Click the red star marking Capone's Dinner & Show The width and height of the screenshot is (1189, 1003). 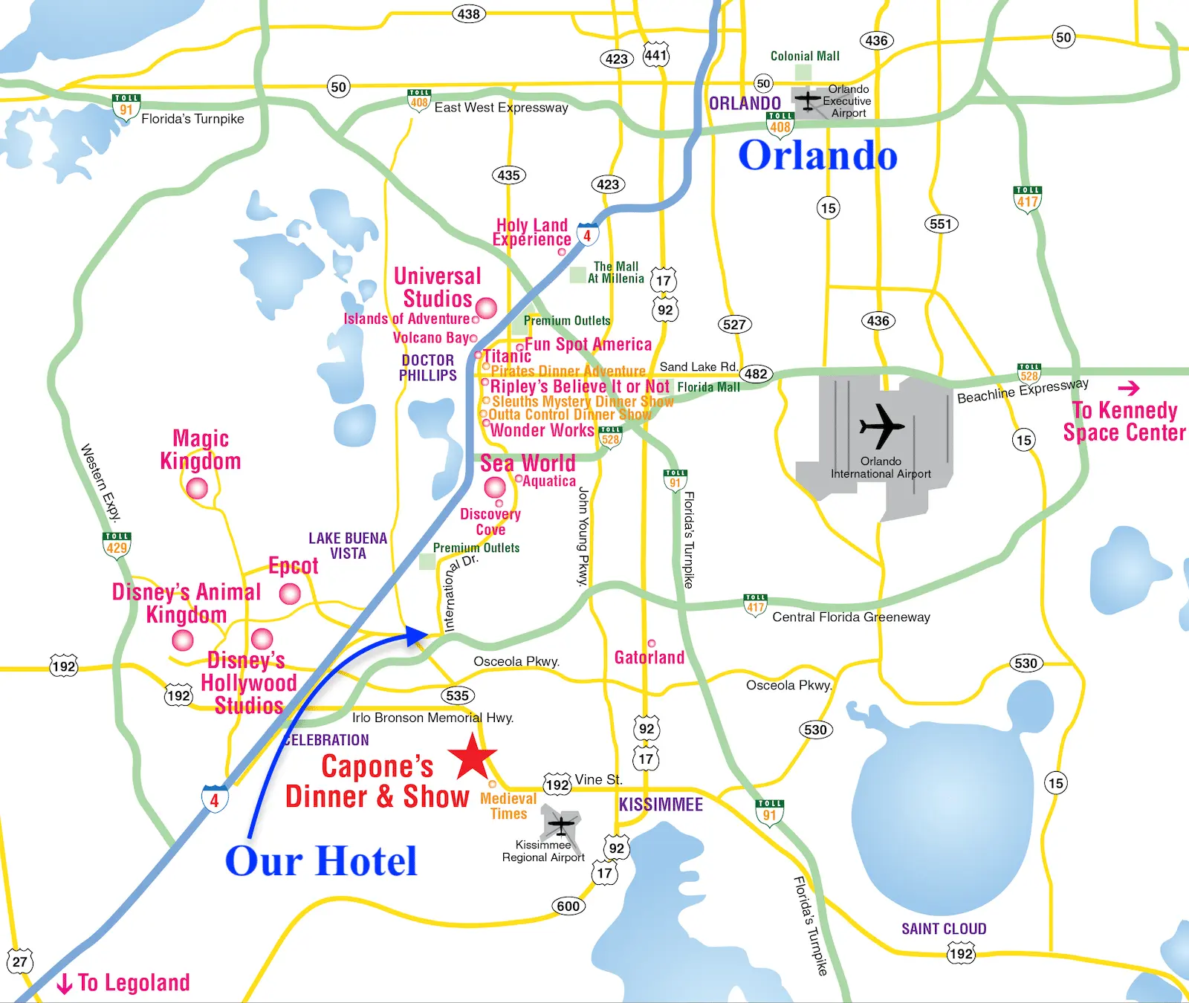[x=473, y=757]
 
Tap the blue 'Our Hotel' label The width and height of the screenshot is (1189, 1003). [x=321, y=861]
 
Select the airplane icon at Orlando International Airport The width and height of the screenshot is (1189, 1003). [x=881, y=427]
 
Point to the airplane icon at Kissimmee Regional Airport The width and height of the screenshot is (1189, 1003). [x=561, y=824]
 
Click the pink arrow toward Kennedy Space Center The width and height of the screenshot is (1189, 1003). [x=1129, y=388]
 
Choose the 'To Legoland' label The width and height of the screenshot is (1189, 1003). [x=124, y=983]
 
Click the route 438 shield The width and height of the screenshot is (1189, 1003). [x=468, y=14]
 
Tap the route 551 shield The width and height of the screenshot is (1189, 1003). [x=940, y=224]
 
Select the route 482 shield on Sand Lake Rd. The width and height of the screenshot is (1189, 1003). [x=756, y=374]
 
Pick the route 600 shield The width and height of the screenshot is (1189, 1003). [x=568, y=906]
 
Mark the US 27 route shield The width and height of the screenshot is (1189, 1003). [x=20, y=961]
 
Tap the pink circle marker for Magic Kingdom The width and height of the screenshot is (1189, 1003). [x=197, y=488]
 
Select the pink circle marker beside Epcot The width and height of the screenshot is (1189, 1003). [x=290, y=594]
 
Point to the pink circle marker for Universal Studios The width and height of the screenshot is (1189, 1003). [x=486, y=308]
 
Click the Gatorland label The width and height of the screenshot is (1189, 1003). [x=649, y=658]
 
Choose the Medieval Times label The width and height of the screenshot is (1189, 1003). [x=508, y=806]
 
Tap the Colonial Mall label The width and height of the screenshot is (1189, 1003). [x=805, y=56]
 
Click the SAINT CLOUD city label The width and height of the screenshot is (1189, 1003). [x=944, y=929]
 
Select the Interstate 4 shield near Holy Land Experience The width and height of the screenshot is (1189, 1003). [x=587, y=235]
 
